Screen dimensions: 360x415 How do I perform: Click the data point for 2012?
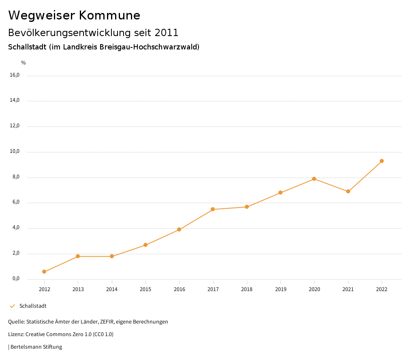point(44,272)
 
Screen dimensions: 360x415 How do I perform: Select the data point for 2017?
point(213,209)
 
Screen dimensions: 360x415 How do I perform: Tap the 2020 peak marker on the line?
point(314,179)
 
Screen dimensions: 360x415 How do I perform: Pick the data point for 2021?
point(348,191)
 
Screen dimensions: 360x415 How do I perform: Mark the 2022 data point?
point(382,161)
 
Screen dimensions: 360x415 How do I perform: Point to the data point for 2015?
point(145,245)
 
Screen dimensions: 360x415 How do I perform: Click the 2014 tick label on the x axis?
point(112,289)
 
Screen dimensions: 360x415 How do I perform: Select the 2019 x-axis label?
point(280,289)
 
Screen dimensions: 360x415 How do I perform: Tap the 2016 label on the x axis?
point(179,289)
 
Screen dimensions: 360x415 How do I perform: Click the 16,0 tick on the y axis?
point(15,75)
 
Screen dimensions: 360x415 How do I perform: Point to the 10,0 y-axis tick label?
point(15,152)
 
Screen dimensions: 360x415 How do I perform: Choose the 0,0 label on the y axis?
point(16,279)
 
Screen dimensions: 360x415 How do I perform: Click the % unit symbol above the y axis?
point(24,63)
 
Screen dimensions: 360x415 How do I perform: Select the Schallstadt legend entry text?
point(33,306)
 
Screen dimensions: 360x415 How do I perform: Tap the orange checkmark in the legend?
point(12,306)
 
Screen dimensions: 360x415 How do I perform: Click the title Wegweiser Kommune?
point(74,15)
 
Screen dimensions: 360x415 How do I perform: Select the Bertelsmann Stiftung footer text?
point(36,347)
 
